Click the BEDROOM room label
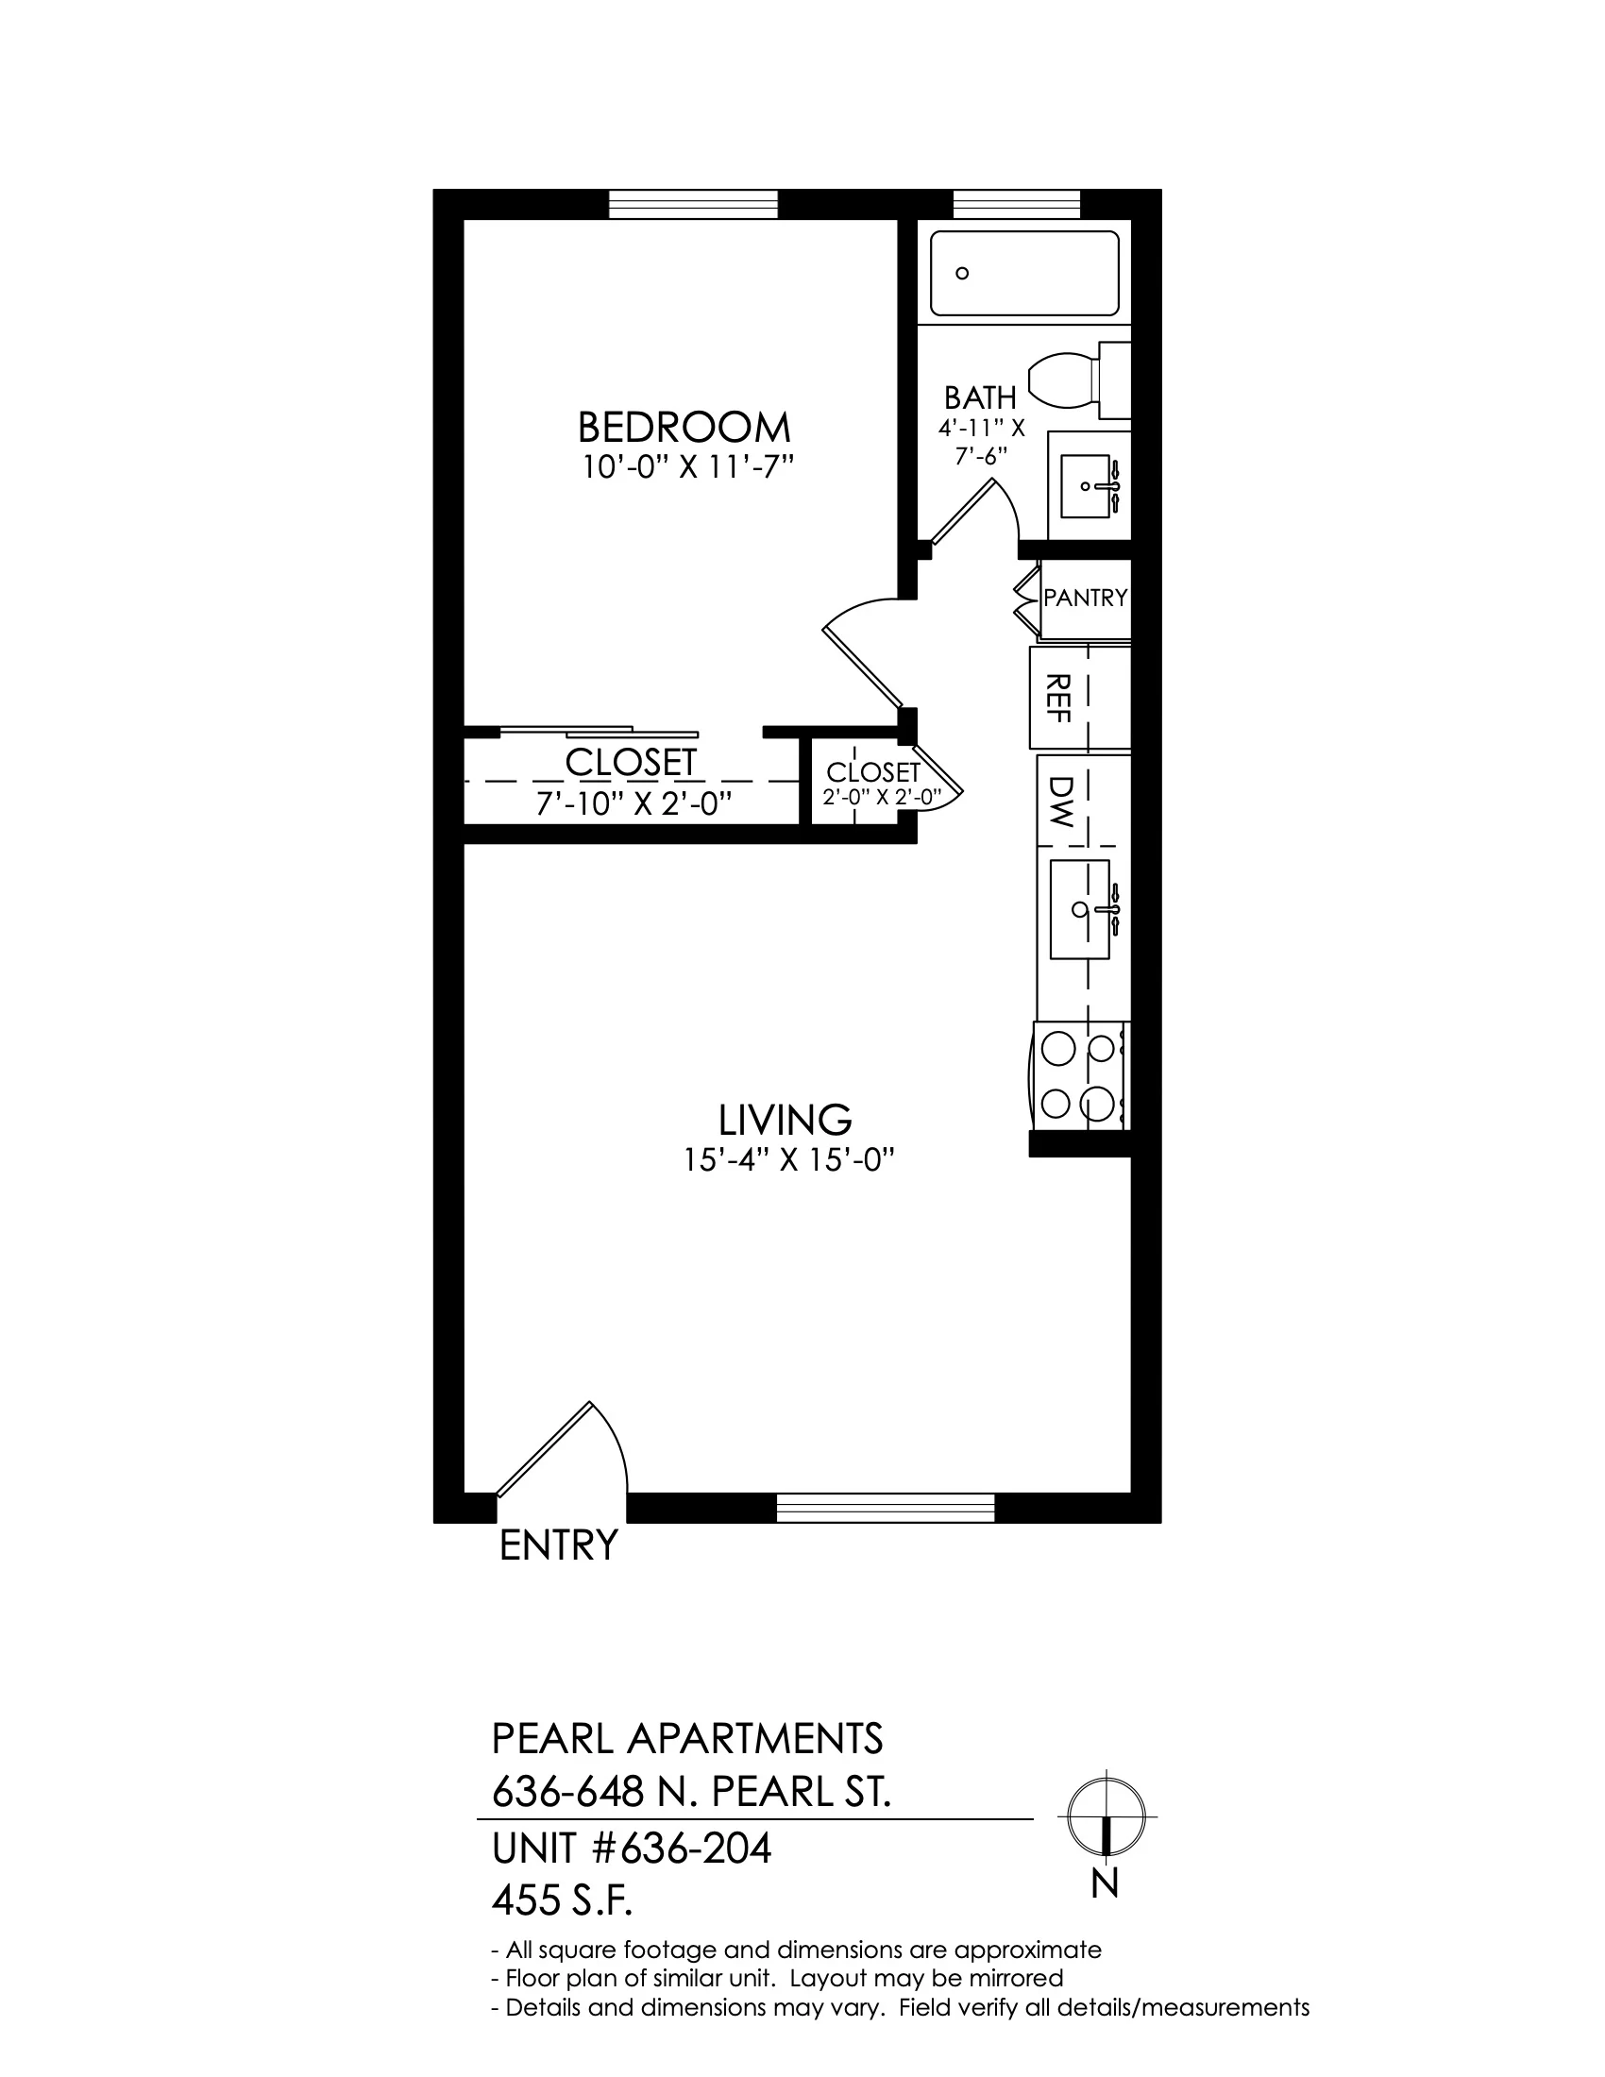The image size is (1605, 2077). click(x=684, y=427)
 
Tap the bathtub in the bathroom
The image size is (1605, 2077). click(x=1024, y=273)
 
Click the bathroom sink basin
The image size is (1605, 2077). click(x=1086, y=486)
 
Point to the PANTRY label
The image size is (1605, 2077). click(x=1085, y=598)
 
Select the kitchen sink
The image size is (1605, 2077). click(x=1080, y=909)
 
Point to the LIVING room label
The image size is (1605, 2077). click(x=785, y=1121)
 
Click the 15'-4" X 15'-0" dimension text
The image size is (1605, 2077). click(x=790, y=1160)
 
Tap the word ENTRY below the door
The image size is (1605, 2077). click(x=559, y=1545)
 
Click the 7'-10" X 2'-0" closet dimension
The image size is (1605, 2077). click(x=634, y=804)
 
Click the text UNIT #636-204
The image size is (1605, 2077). click(x=632, y=1849)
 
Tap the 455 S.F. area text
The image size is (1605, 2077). click(x=562, y=1901)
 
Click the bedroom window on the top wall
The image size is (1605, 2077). click(x=693, y=205)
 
